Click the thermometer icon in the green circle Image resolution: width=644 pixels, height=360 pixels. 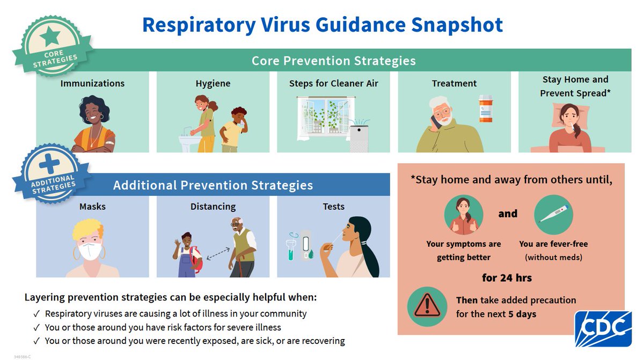point(553,215)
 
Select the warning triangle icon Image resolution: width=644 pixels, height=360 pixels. point(427,306)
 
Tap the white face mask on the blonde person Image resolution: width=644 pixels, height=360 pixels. point(91,251)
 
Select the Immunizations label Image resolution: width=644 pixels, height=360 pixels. point(92,84)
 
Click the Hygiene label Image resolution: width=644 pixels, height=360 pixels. point(213,84)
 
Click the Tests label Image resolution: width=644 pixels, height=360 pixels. point(333,207)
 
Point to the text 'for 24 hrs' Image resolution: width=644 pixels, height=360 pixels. point(507,278)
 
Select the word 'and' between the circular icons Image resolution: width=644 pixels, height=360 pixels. point(508,214)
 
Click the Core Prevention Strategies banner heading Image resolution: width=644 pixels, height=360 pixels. point(333,61)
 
